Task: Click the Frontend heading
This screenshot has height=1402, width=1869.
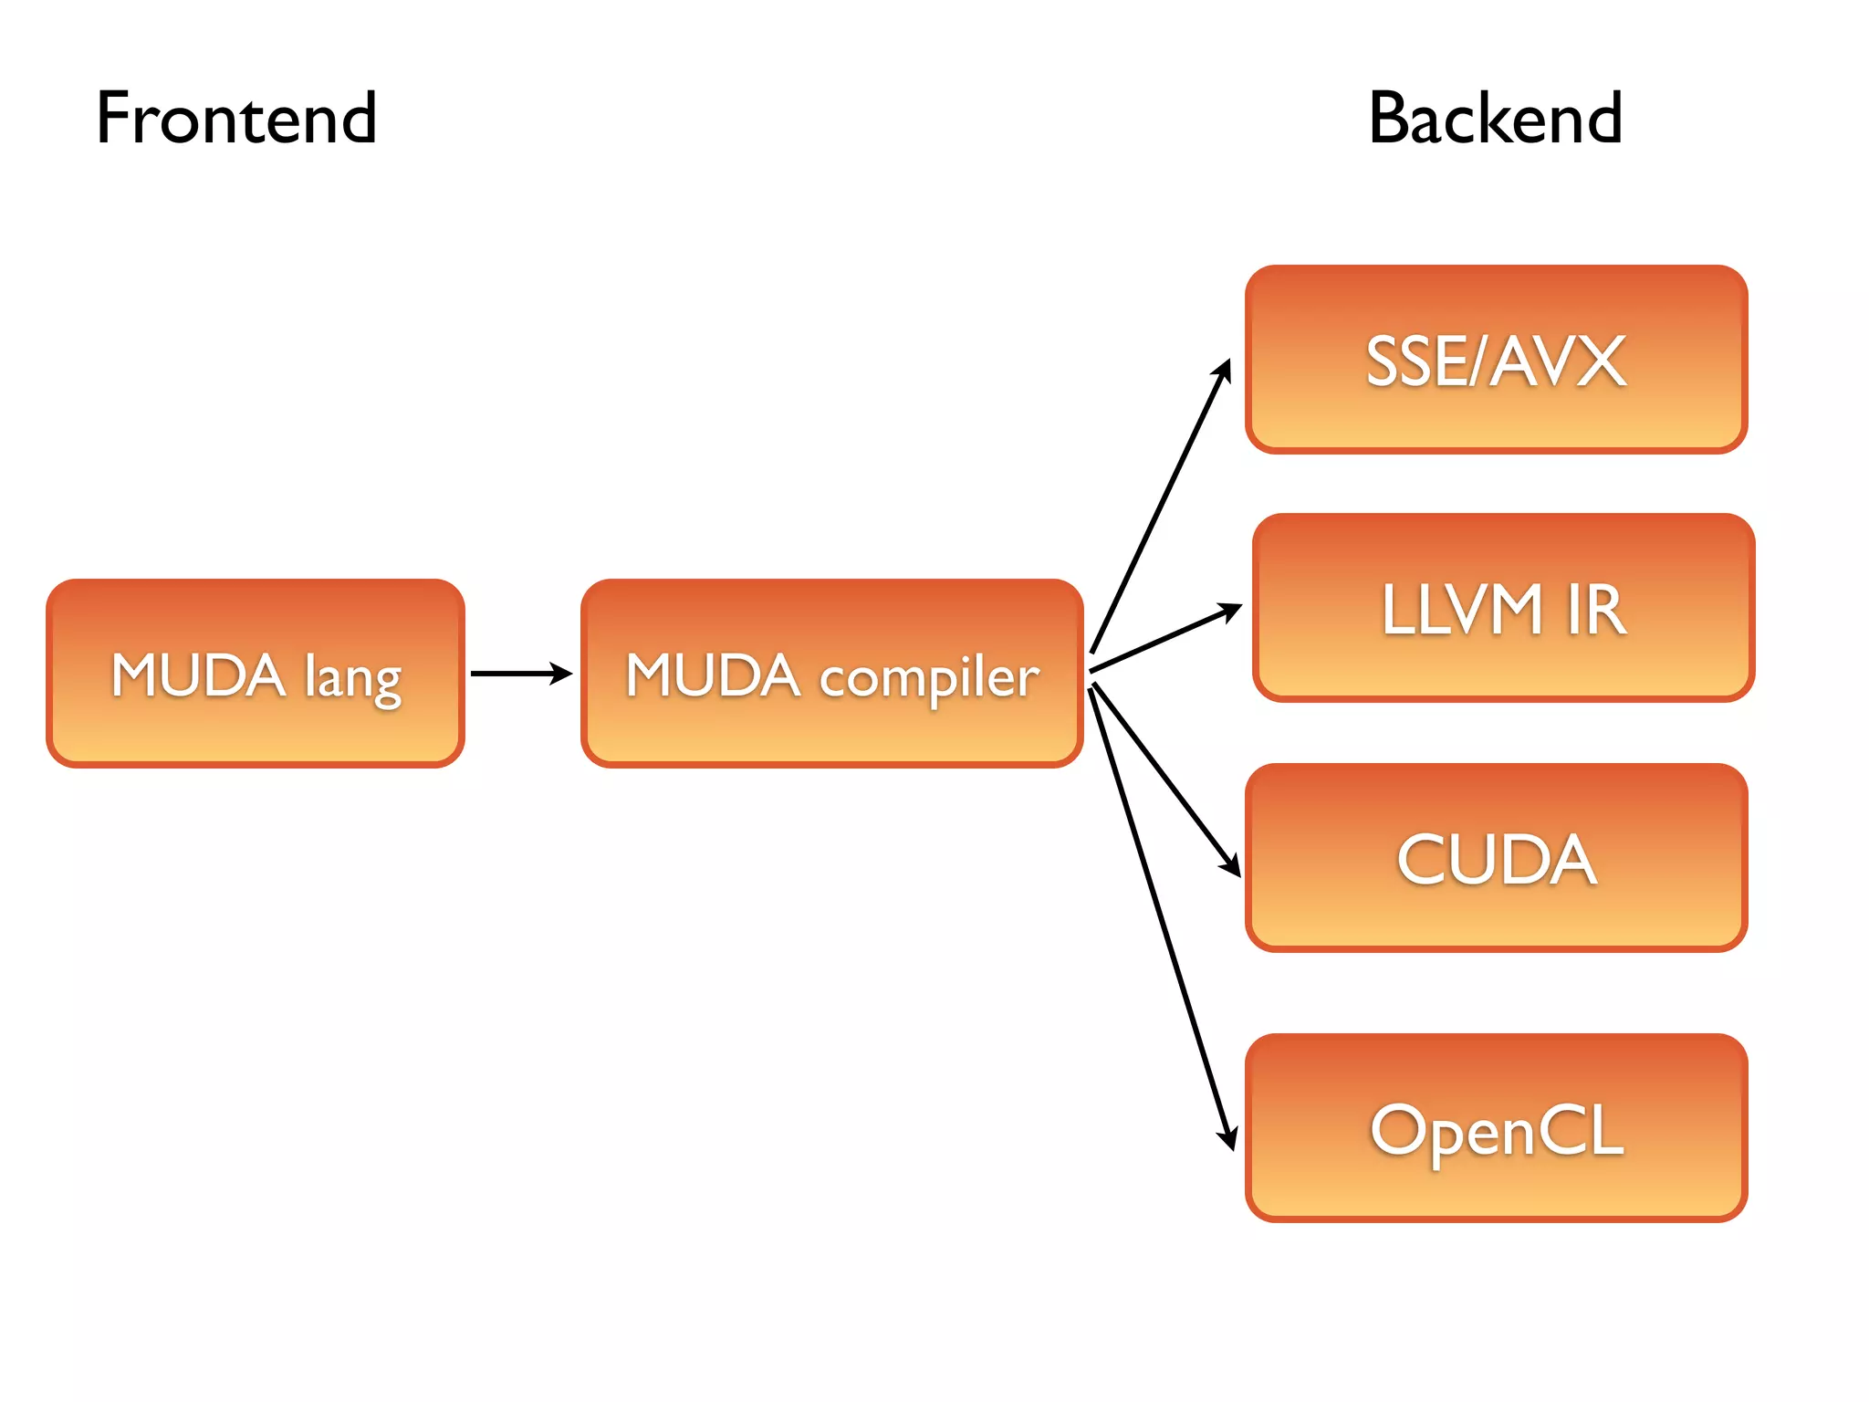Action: click(236, 119)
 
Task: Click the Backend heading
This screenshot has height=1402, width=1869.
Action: click(1495, 119)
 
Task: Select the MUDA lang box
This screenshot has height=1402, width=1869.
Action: click(256, 674)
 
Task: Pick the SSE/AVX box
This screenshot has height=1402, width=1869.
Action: click(1496, 360)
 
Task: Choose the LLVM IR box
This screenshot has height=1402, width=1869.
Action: click(1503, 608)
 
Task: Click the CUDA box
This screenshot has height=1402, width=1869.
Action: click(1496, 858)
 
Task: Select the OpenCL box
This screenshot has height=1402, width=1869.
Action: click(1496, 1128)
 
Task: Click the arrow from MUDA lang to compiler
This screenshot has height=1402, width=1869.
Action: click(520, 674)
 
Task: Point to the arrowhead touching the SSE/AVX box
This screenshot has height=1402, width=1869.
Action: click(1224, 371)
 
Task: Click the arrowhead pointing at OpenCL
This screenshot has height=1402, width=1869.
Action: click(1228, 1138)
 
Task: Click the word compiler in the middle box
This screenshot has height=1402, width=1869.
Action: click(929, 678)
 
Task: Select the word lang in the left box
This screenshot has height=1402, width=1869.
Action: click(352, 678)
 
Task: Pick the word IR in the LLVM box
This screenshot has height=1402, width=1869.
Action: click(1596, 610)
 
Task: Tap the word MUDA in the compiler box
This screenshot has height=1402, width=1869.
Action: click(712, 675)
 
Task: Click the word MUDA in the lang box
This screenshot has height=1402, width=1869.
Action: click(198, 675)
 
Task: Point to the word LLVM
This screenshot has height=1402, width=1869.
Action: click(1461, 610)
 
